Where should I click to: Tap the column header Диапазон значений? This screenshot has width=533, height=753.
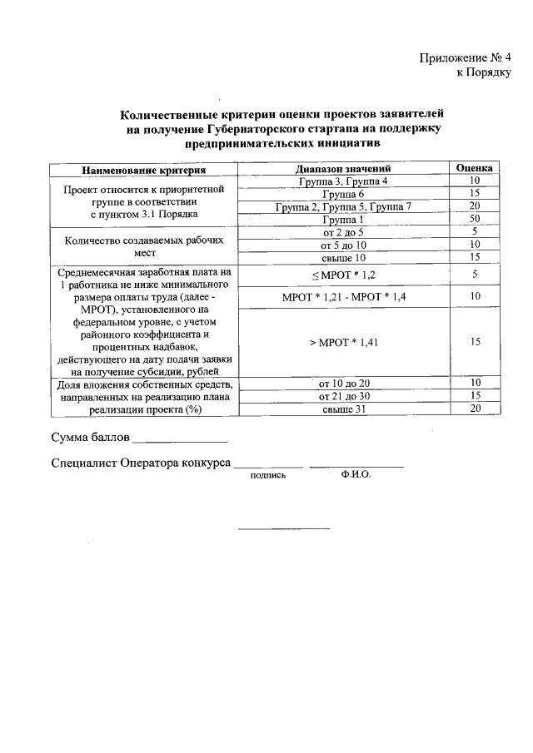pos(343,170)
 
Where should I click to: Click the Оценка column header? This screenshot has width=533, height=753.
pos(474,169)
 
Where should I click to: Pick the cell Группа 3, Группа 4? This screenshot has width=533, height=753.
pos(343,181)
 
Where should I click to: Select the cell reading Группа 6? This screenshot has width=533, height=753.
pos(343,194)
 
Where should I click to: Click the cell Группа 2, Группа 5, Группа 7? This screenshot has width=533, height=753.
pos(343,206)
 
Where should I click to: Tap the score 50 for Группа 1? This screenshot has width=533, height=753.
pos(474,219)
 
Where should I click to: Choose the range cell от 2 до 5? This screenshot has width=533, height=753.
pos(343,232)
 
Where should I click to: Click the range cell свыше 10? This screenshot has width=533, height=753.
pos(343,257)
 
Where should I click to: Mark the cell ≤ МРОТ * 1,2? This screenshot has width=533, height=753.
pos(343,275)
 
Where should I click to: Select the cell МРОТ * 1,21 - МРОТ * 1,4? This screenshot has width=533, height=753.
pos(343,297)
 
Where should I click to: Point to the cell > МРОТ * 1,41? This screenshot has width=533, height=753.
pos(343,342)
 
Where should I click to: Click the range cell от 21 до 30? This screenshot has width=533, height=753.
pos(343,396)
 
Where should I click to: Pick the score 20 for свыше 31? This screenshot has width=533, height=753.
pos(474,409)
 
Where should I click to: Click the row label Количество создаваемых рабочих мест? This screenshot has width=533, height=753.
pos(143,245)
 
